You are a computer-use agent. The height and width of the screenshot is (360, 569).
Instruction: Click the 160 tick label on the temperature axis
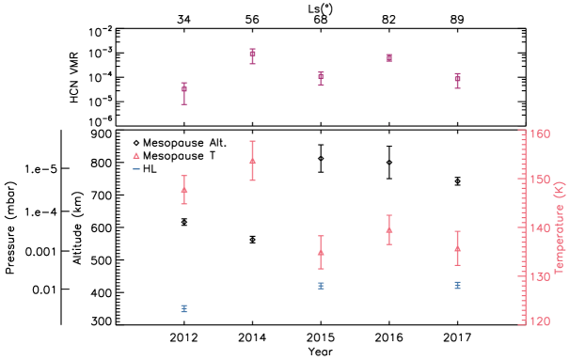pos(539,133)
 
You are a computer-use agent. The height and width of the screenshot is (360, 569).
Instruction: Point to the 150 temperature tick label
pos(539,179)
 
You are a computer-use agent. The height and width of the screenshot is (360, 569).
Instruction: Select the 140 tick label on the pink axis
pos(539,228)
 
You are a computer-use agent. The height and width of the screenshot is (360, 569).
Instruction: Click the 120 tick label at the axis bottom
pos(539,321)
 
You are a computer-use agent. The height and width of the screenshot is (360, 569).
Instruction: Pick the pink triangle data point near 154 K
pos(252,160)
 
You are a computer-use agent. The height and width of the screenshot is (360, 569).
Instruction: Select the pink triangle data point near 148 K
pos(184,189)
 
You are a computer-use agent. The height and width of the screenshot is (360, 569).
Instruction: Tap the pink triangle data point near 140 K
pos(389,229)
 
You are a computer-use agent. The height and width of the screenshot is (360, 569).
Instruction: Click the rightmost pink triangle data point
pos(457,249)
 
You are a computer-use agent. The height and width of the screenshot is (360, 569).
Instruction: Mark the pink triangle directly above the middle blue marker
pos(321,252)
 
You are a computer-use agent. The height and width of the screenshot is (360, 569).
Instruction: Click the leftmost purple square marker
pos(184,90)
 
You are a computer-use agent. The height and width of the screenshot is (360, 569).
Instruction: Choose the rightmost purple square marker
pos(457,80)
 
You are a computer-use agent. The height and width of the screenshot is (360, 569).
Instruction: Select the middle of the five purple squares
pos(321,75)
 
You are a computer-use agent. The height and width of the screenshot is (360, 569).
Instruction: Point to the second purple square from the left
pos(252,55)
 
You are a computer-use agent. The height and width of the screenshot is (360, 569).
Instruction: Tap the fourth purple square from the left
pos(389,57)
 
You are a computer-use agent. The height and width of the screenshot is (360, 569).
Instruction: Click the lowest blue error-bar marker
pos(184,308)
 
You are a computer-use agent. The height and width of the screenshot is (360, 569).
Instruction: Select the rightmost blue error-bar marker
pos(457,285)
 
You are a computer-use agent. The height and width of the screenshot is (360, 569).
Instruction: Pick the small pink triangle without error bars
pos(136,156)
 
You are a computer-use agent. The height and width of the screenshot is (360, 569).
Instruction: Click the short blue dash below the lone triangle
pos(136,169)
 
